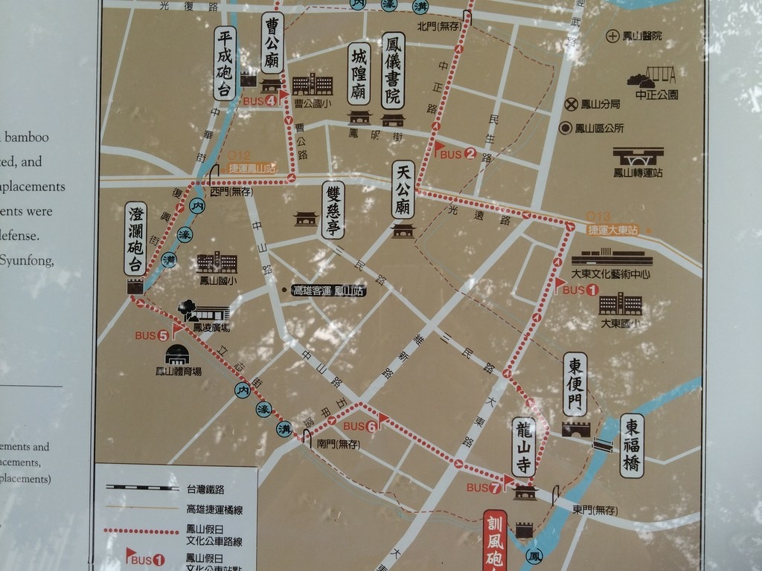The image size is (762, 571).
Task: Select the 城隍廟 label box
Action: click(x=359, y=73)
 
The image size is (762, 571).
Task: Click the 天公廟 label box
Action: click(x=403, y=190)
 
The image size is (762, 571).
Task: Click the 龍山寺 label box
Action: click(x=524, y=446)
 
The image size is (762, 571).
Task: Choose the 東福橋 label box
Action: click(x=632, y=445)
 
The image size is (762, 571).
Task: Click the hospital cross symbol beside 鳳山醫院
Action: click(x=612, y=36)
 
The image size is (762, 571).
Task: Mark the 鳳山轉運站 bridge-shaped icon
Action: click(x=638, y=156)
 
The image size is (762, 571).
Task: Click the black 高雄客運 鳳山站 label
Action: click(x=328, y=290)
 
